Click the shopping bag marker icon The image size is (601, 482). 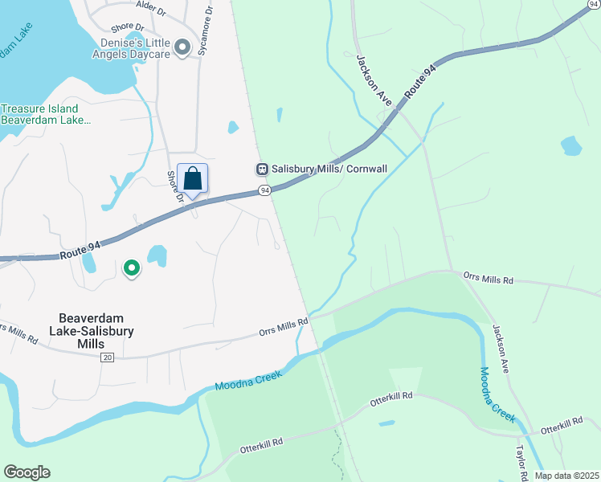(x=193, y=178)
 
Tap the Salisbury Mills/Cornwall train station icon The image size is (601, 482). (x=261, y=170)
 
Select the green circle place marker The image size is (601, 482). (x=131, y=268)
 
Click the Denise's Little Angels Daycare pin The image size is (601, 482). (x=183, y=48)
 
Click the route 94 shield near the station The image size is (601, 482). (x=264, y=190)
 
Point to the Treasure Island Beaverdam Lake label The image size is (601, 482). (x=40, y=114)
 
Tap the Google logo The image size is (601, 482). (x=27, y=472)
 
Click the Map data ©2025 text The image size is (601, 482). (x=566, y=476)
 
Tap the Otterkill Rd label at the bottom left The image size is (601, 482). (x=262, y=443)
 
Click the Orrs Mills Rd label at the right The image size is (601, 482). (x=488, y=279)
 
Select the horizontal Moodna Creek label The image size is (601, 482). (x=247, y=383)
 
